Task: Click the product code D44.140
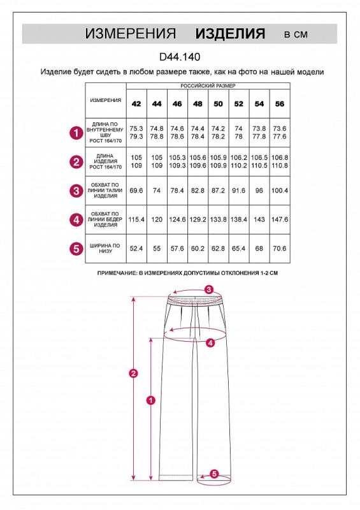180,57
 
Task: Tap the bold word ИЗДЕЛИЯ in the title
230,34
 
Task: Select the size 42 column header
136,104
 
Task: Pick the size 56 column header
280,104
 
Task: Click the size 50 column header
218,104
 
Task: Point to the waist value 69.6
136,190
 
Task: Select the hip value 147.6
280,219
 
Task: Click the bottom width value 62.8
218,249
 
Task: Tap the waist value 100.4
280,190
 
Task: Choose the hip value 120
157,219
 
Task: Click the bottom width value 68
259,249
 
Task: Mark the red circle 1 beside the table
76,133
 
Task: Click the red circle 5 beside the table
76,249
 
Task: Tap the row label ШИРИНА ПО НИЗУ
105,249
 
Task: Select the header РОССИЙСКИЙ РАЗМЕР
208,86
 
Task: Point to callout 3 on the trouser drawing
209,289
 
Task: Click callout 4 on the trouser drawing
210,342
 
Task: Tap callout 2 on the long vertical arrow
133,374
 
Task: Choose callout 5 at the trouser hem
214,474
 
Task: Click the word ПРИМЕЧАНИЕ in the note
117,273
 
